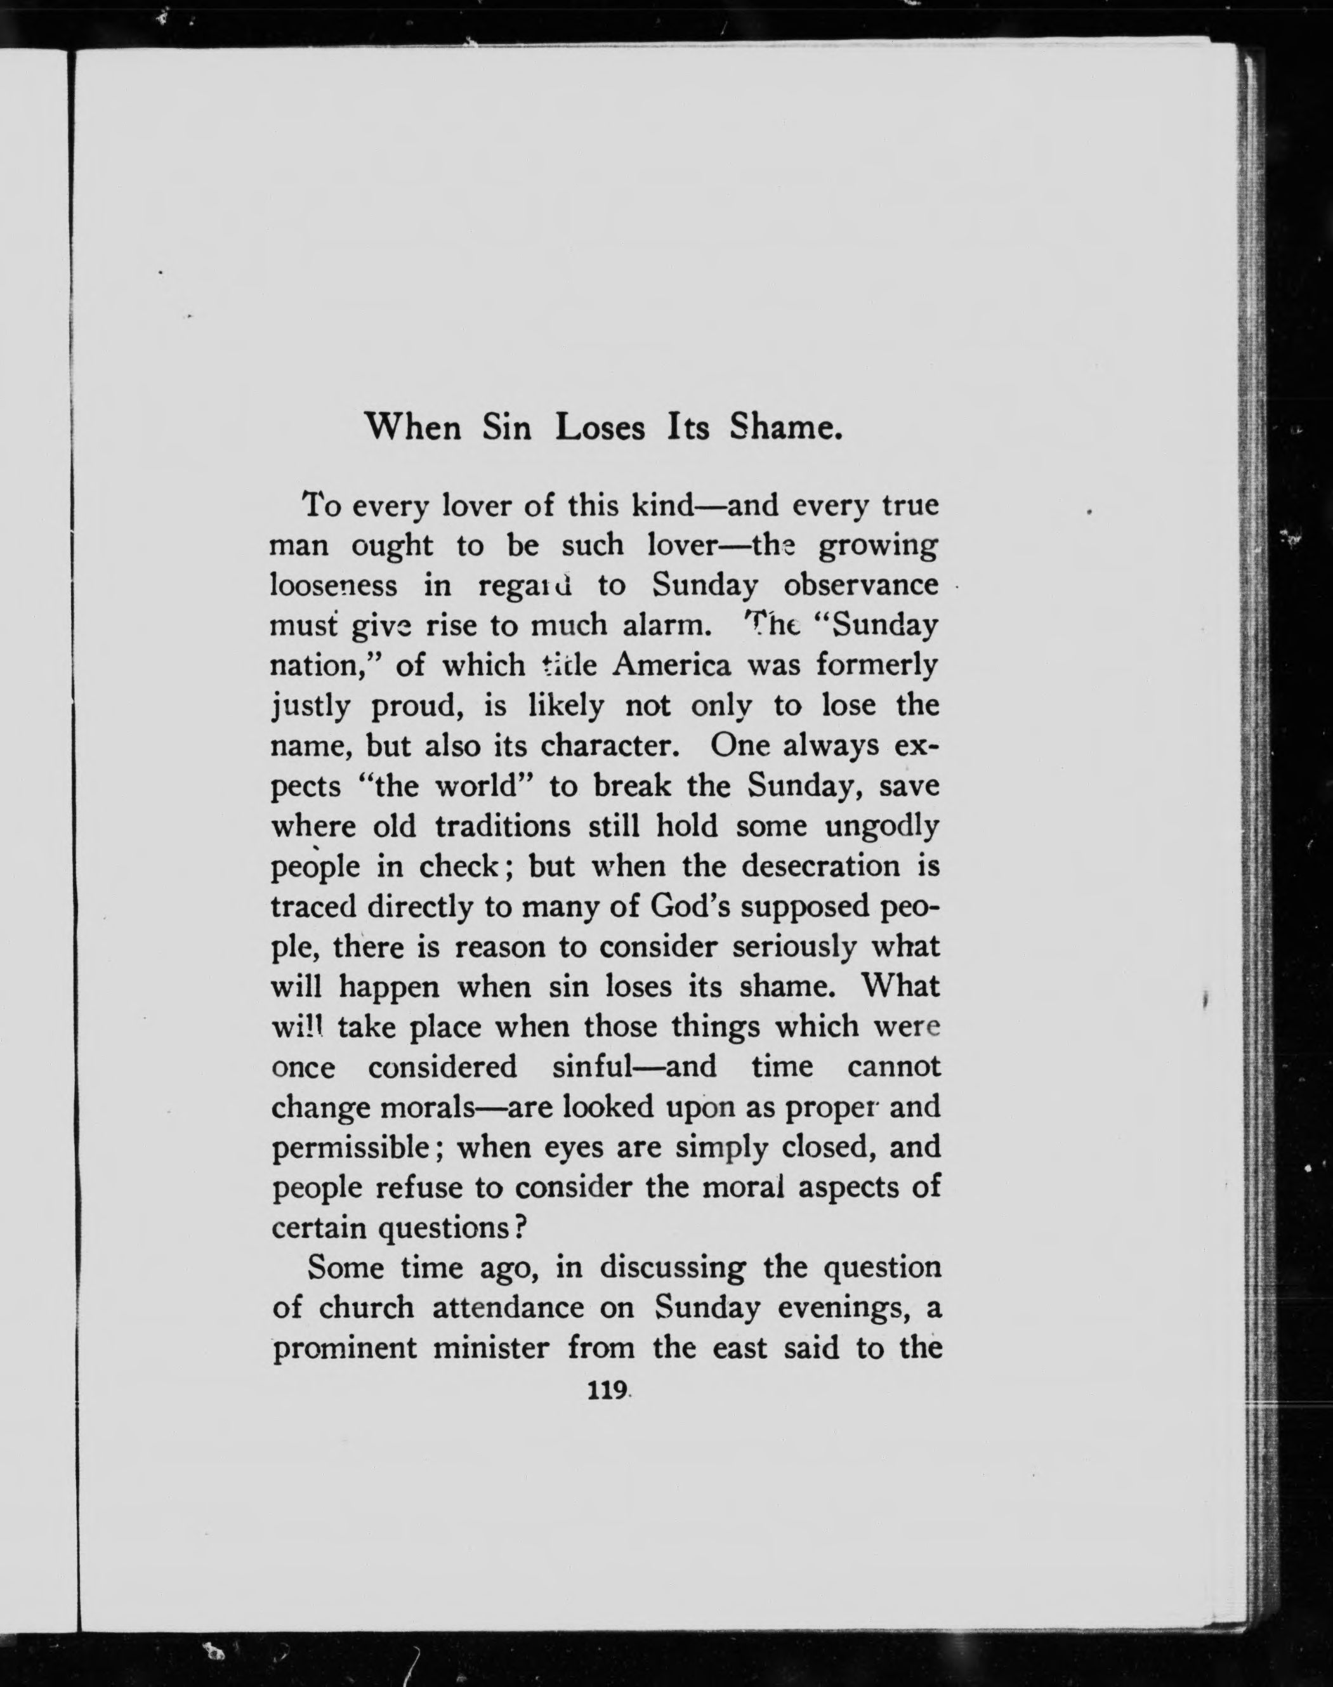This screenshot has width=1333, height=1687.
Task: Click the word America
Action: click(x=672, y=666)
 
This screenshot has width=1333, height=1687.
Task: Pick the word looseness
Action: click(x=333, y=585)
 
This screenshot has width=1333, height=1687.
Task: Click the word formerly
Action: click(x=876, y=666)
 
